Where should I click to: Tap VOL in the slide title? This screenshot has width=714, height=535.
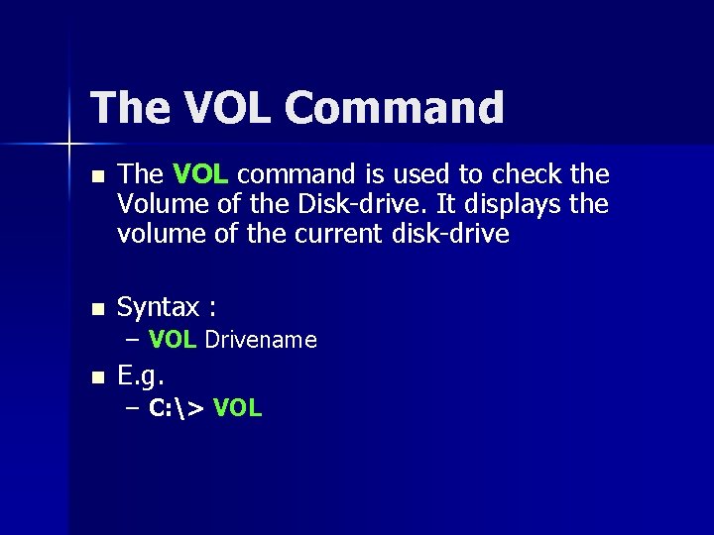(x=211, y=107)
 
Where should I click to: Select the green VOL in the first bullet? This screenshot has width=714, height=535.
(x=201, y=174)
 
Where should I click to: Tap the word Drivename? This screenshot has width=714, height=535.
(x=260, y=341)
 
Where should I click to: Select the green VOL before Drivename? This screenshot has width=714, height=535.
(x=174, y=341)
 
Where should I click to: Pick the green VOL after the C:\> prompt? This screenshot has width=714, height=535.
(x=237, y=408)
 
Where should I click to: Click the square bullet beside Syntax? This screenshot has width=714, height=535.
(x=95, y=309)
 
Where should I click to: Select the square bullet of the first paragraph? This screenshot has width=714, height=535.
(x=95, y=175)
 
